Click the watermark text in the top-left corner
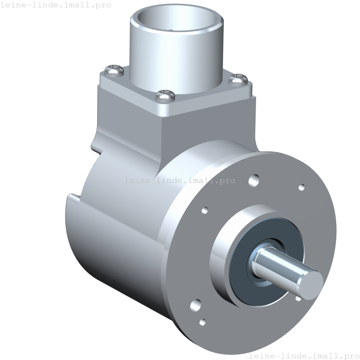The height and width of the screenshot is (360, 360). click(55, 5)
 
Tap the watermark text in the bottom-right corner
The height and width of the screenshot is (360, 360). click(304, 356)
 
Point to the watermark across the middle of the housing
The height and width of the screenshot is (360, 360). click(180, 180)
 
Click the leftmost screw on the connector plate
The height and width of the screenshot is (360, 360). click(114, 71)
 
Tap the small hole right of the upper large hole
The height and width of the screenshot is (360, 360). click(301, 187)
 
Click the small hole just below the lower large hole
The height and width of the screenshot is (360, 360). click(202, 322)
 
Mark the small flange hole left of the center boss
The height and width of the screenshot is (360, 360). click(205, 210)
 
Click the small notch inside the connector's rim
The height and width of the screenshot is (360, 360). click(171, 30)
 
